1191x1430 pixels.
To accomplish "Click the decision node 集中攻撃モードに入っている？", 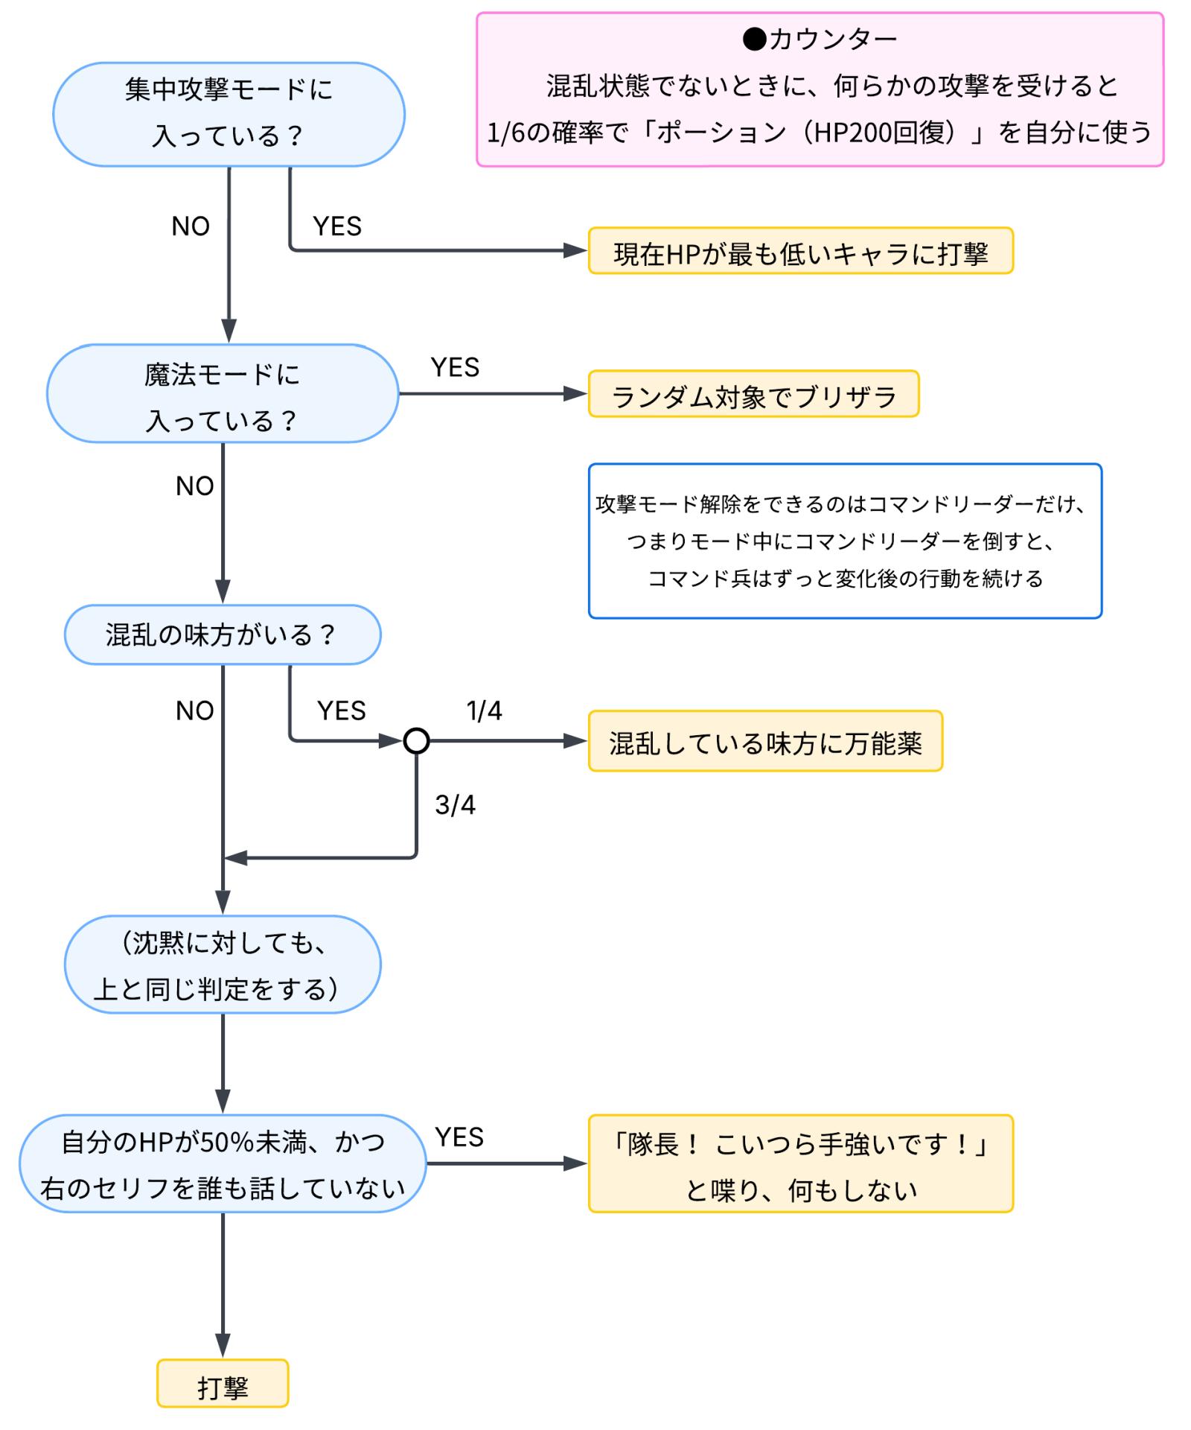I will [229, 114].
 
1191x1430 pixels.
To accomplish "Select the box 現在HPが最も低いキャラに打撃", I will [800, 252].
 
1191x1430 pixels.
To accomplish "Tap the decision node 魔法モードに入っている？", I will [223, 394].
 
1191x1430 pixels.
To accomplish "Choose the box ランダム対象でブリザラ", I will [753, 394].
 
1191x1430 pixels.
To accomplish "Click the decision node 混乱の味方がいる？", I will [223, 635].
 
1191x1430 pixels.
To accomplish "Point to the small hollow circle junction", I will [416, 741].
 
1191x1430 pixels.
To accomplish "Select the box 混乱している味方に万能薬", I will [765, 742].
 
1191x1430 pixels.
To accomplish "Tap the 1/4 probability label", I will [484, 711].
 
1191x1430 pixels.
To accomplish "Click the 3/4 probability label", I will [455, 804].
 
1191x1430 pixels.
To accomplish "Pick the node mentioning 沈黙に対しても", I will [223, 965].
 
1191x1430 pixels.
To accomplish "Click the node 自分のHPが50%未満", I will [223, 1164].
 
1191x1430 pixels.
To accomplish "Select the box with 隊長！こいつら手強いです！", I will [800, 1164].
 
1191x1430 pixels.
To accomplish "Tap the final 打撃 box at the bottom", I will [223, 1384].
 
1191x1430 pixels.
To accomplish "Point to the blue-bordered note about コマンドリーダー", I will [845, 541].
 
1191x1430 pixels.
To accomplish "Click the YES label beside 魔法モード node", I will [455, 367].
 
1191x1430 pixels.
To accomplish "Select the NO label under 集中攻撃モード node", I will [191, 226].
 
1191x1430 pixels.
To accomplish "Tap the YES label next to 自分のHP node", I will [459, 1137].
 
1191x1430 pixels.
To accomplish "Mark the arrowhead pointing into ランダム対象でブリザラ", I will [576, 394].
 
